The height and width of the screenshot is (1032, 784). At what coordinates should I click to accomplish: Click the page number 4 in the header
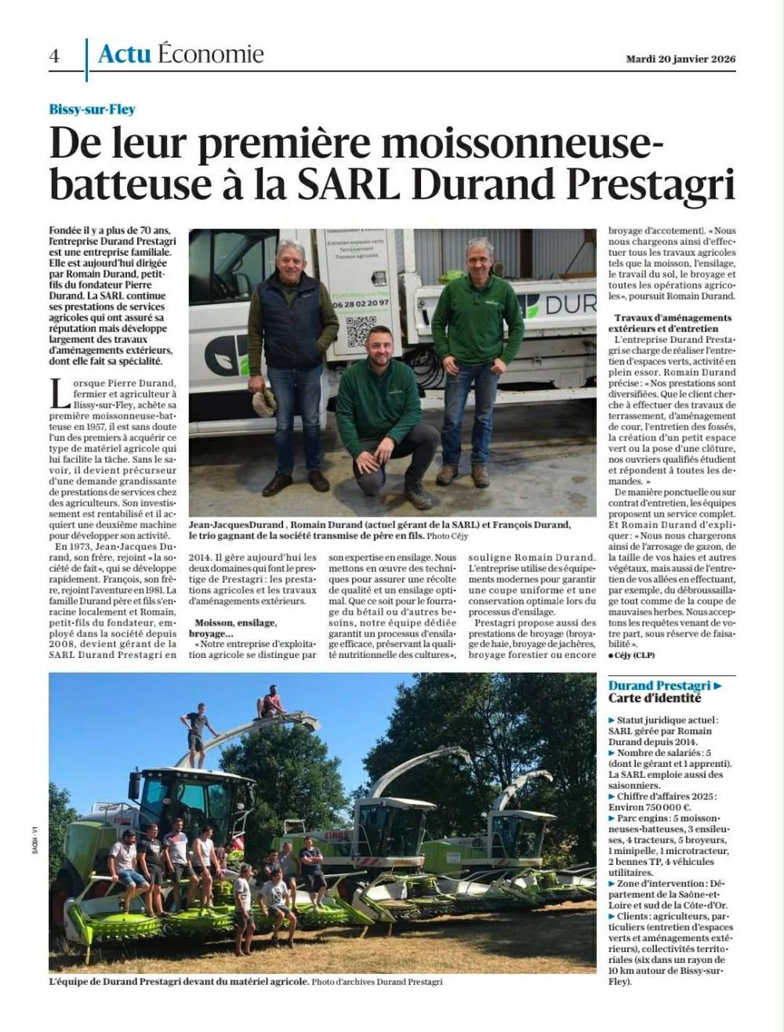[x=54, y=56]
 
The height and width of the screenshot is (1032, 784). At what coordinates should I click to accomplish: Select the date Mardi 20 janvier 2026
[x=681, y=59]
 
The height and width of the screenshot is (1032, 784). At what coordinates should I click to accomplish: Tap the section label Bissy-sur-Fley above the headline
[x=92, y=111]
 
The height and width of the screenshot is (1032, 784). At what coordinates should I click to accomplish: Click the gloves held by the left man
[x=264, y=402]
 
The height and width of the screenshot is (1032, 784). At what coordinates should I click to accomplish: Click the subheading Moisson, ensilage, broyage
[x=234, y=628]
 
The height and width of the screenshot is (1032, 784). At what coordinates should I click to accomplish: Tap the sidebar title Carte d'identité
[x=655, y=699]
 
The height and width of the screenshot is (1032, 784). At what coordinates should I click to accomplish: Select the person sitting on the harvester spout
[x=270, y=702]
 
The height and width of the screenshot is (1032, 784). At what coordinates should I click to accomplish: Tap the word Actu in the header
[x=125, y=54]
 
